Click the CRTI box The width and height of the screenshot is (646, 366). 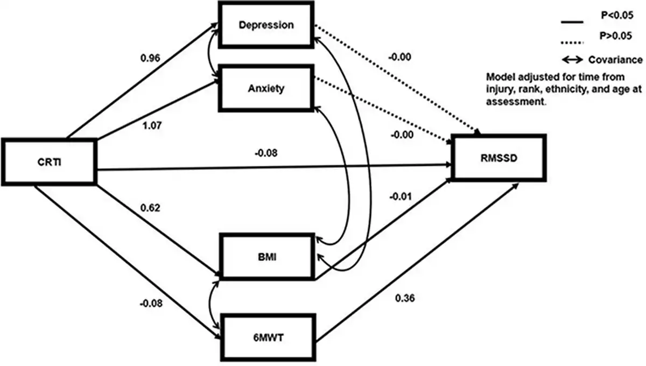point(48,163)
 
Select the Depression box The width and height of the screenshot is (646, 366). point(267,25)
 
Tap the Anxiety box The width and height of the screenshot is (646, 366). point(267,88)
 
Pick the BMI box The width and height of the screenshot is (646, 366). point(267,256)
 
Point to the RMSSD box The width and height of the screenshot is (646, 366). point(499,158)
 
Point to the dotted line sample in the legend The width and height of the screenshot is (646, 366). point(573,38)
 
